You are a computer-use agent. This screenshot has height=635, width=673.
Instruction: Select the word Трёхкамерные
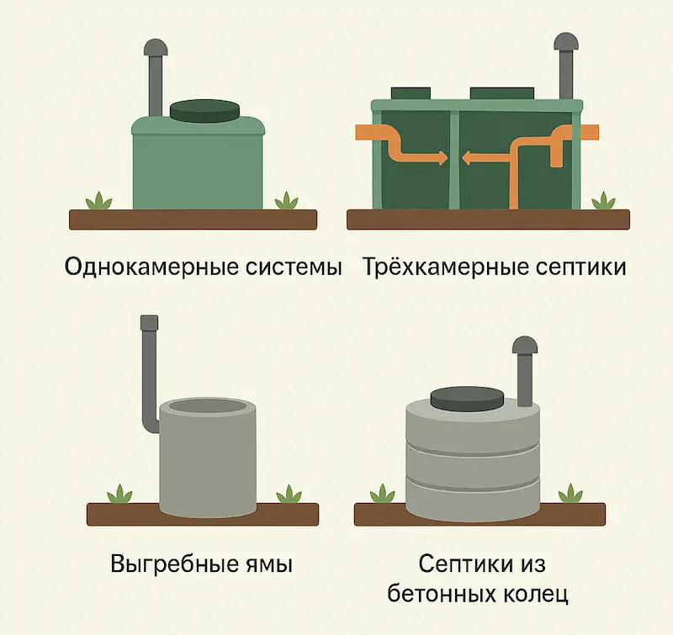coord(446,266)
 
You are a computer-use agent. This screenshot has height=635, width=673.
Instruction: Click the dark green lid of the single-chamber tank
coord(204,111)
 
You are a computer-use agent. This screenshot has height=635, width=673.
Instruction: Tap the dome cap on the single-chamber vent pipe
coord(156,47)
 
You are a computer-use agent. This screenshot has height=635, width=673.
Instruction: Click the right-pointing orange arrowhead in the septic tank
coord(441,158)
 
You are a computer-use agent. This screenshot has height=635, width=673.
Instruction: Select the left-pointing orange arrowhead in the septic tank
coord(468,158)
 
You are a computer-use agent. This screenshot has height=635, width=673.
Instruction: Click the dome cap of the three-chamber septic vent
coord(566,42)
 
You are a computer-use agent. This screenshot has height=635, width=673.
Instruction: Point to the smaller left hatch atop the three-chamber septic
coord(411,93)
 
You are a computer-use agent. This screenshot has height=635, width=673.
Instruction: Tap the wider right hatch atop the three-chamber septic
coord(502,93)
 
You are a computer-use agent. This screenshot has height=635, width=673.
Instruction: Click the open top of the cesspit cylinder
coord(208,406)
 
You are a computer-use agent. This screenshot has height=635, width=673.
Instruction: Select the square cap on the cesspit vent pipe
coord(150,322)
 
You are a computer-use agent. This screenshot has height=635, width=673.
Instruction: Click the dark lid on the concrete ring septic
coord(467,398)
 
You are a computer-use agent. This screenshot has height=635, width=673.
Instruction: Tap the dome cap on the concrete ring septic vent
coord(524,346)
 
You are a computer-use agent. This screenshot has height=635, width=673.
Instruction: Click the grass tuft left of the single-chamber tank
coord(98,201)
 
